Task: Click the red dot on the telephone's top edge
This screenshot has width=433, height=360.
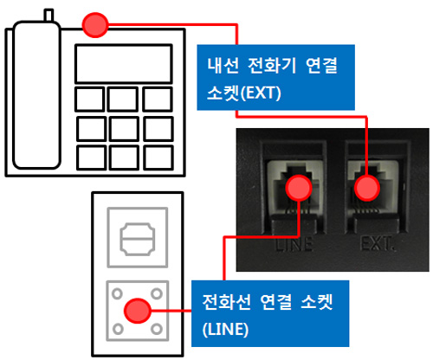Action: (x=95, y=25)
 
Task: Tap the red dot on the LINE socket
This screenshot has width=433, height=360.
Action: (x=299, y=188)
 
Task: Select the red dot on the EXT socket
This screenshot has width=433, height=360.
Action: (x=367, y=188)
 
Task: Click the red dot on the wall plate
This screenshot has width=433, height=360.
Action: (x=138, y=311)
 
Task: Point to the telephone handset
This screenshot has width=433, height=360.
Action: (x=36, y=94)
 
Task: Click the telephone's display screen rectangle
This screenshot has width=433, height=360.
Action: (x=124, y=64)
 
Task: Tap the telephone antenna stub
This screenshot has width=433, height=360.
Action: (x=48, y=16)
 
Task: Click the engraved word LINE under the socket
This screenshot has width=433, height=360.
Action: (x=294, y=244)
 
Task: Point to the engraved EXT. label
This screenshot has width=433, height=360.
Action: (x=377, y=244)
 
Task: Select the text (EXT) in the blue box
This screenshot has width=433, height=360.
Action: (x=261, y=93)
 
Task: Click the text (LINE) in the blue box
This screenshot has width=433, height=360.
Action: (x=225, y=330)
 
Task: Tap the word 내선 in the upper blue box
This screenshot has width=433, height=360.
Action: (x=223, y=66)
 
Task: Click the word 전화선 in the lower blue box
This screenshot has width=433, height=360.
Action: (x=226, y=302)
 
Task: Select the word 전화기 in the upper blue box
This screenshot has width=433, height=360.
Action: (x=272, y=66)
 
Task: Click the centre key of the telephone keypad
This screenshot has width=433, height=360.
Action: (x=124, y=129)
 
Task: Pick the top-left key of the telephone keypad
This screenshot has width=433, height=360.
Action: (x=90, y=100)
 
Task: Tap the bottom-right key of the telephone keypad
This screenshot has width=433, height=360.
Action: (x=158, y=157)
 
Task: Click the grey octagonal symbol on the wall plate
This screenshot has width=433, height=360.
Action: (x=138, y=239)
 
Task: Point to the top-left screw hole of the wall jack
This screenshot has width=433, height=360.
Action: (x=117, y=293)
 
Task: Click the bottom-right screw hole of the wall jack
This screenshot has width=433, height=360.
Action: (x=157, y=329)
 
